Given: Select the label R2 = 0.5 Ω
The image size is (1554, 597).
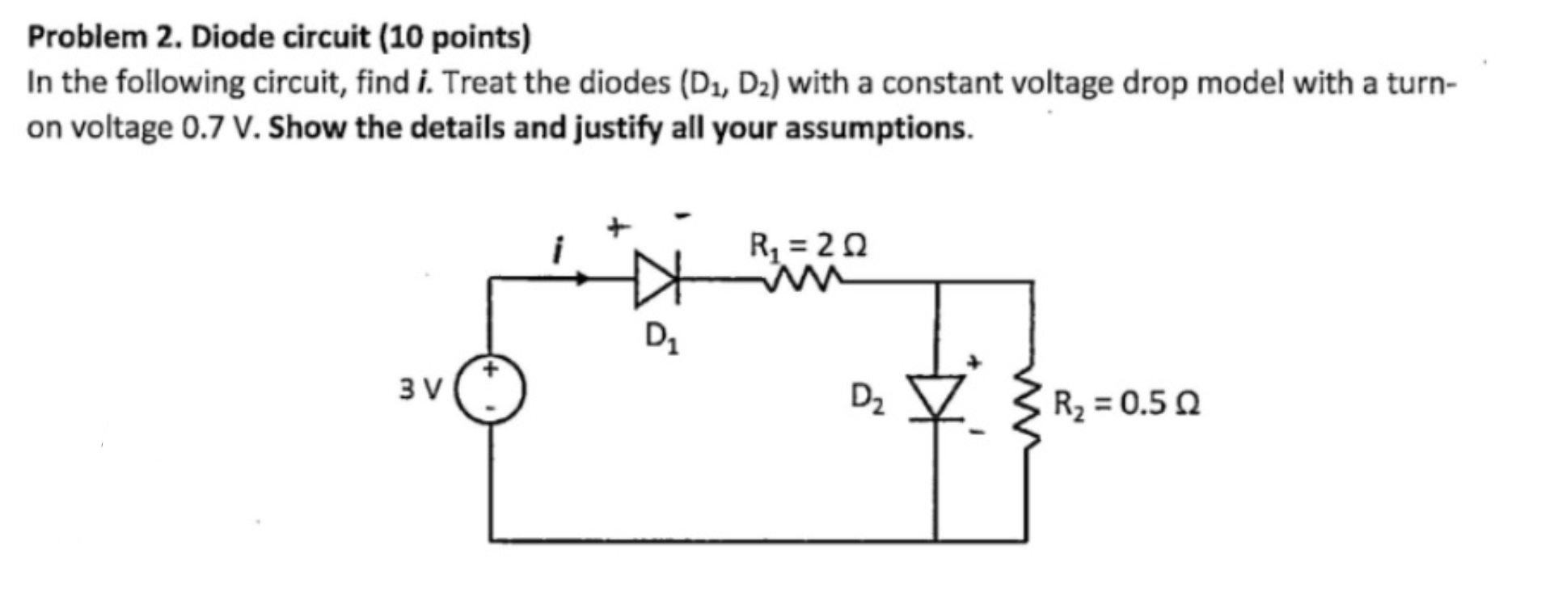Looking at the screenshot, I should pyautogui.click(x=1126, y=402).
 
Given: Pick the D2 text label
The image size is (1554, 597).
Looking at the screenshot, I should pyautogui.click(x=868, y=398).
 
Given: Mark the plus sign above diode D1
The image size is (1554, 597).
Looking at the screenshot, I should pyautogui.click(x=617, y=229).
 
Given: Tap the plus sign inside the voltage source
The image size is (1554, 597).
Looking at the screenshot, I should pyautogui.click(x=491, y=370).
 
